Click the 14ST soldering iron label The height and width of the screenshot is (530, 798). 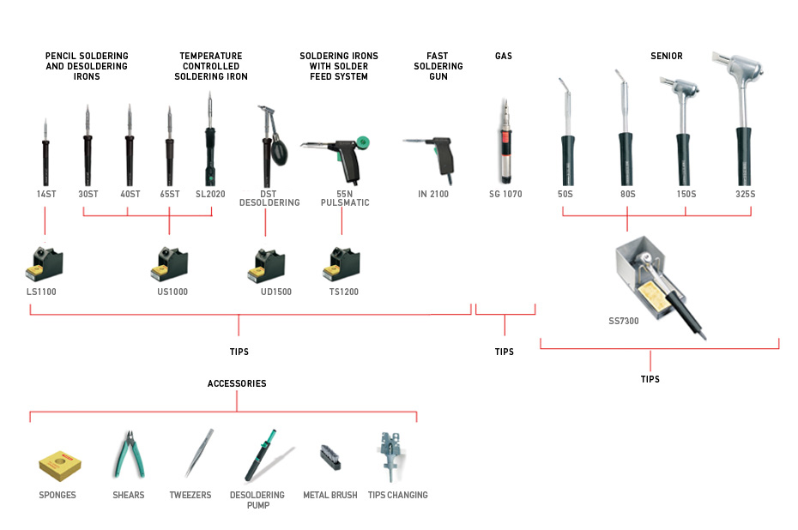click(x=45, y=194)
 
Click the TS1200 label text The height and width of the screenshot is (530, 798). click(x=343, y=292)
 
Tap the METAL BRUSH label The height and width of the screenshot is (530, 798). click(x=329, y=495)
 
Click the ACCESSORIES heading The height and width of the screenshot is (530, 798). click(x=237, y=383)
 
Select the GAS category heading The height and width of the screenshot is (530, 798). click(x=504, y=56)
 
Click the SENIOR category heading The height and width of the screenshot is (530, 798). click(x=667, y=56)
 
